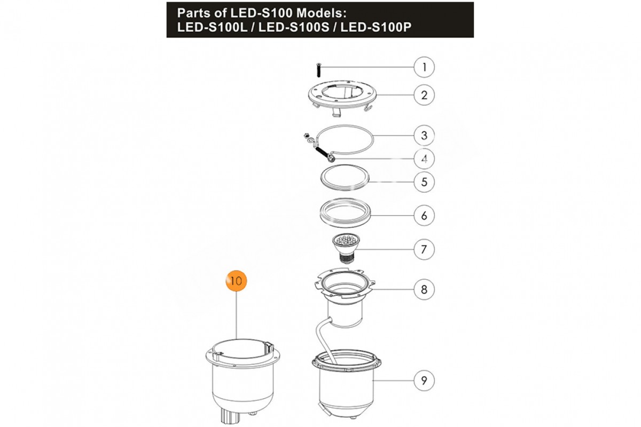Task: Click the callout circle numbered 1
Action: coord(424,67)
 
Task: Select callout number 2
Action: coord(424,95)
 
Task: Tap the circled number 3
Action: coord(424,135)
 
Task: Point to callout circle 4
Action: coord(424,159)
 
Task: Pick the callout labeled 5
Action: coord(424,182)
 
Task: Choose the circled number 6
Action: coord(424,215)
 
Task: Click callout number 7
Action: coord(424,249)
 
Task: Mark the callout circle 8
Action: coord(424,289)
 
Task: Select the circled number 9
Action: coord(424,381)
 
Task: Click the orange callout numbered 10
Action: coord(236,281)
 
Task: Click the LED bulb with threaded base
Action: coord(346,248)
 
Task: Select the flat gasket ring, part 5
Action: coord(345,178)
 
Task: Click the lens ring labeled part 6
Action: coord(345,213)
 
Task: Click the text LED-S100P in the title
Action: coord(376,27)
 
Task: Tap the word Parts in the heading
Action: coord(194,13)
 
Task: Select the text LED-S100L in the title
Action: coord(212,27)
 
